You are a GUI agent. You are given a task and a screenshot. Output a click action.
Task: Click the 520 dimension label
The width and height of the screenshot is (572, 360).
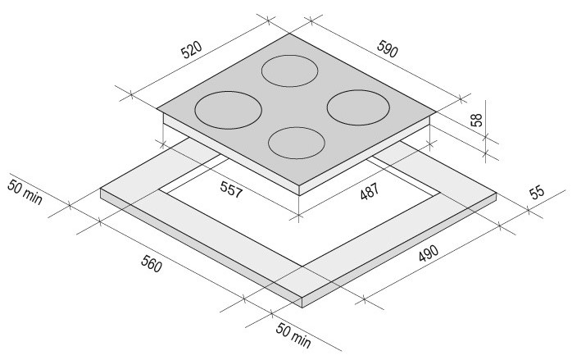(192, 50)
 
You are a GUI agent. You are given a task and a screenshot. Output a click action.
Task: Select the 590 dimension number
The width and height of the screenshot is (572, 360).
(387, 49)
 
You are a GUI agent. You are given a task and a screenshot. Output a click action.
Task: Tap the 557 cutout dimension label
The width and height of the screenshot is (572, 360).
(231, 190)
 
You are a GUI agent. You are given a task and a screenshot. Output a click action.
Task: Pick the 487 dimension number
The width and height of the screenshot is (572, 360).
(370, 191)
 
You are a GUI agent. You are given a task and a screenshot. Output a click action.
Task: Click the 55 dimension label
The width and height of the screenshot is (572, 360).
(537, 193)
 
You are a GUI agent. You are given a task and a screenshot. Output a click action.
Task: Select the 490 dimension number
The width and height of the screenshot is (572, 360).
(429, 253)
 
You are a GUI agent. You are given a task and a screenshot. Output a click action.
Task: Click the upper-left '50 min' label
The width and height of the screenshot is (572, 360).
(25, 192)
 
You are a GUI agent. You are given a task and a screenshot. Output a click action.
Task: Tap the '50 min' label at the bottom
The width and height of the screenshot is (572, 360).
(293, 335)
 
